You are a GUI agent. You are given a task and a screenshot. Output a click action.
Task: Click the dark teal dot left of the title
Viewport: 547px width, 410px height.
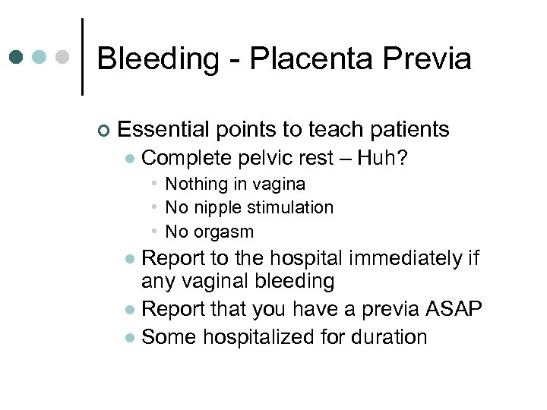click(17, 57)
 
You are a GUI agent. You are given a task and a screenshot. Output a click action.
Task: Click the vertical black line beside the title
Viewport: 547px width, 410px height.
click(82, 57)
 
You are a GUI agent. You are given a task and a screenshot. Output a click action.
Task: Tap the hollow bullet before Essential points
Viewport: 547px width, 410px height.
click(103, 131)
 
